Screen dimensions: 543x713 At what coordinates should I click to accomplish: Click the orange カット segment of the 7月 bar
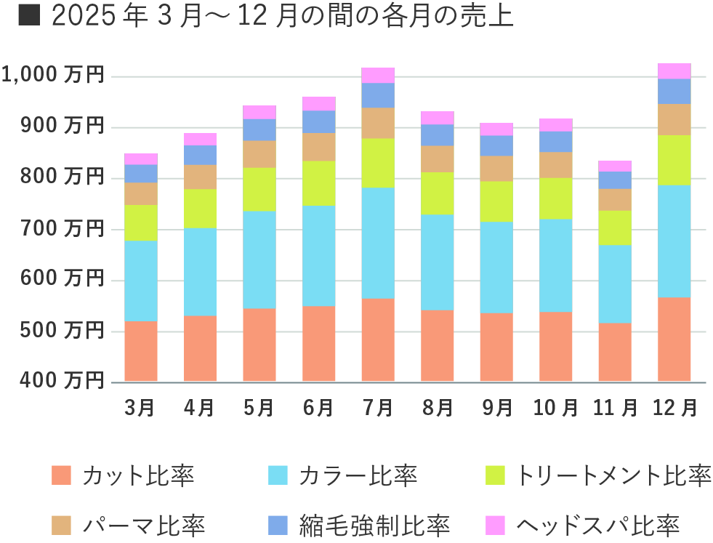378,340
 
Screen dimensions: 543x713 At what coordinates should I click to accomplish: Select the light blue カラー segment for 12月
674,241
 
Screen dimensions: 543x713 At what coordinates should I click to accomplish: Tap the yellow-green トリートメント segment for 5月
259,190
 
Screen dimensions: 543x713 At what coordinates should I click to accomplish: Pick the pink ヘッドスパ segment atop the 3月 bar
141,159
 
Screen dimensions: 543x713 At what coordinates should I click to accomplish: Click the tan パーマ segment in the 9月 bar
496,169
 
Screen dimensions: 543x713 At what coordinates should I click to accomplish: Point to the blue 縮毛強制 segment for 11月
615,180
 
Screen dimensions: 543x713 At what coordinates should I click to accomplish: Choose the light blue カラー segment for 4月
200,272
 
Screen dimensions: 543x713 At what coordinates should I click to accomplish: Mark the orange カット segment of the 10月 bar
555,347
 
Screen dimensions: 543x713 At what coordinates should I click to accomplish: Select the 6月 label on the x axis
318,408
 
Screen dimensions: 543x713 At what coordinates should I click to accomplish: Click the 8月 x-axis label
437,408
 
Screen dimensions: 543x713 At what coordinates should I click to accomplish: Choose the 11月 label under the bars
615,408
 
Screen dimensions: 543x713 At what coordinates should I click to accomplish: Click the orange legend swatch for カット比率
62,476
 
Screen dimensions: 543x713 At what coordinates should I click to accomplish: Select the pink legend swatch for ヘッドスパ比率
495,524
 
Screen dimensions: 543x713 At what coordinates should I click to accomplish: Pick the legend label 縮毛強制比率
374,524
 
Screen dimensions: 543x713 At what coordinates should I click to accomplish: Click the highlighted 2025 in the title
84,17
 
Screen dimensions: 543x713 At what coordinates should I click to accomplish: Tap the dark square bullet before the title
28,16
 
